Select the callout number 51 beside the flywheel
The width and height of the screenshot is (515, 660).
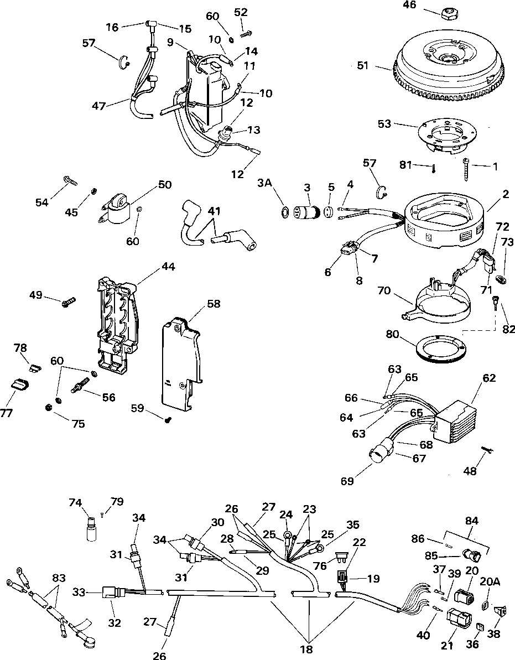pyautogui.click(x=362, y=65)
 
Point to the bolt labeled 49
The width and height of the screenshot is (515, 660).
pyautogui.click(x=69, y=302)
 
